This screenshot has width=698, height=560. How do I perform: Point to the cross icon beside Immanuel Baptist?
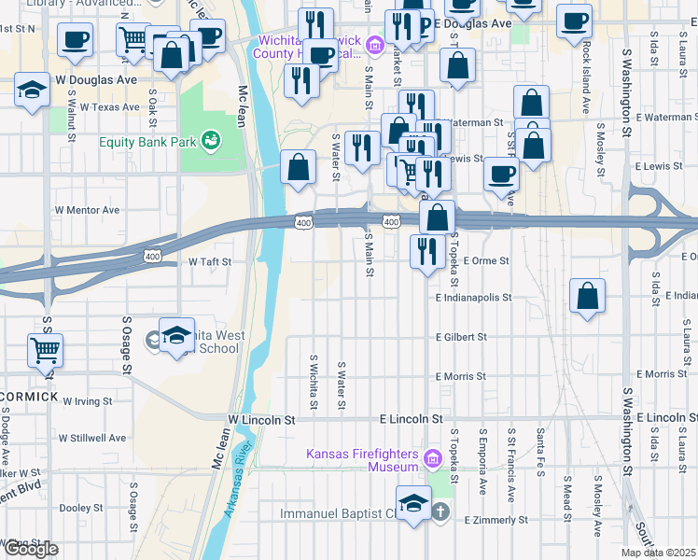[x=440, y=513]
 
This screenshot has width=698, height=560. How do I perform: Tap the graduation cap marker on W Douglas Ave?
[x=32, y=91]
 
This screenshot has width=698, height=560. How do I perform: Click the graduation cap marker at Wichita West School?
[x=175, y=335]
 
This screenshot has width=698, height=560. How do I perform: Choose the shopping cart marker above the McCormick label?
[x=45, y=350]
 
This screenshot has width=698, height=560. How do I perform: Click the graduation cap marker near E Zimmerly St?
[x=413, y=501]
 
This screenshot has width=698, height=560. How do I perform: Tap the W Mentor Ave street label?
[x=88, y=211]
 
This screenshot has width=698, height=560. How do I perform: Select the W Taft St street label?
[x=210, y=262]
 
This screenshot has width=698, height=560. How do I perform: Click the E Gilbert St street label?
[x=461, y=337]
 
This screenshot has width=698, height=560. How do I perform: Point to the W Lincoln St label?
[x=262, y=420]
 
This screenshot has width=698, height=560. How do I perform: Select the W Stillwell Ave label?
[x=92, y=437]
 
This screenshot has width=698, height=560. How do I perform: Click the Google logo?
[x=31, y=549]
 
